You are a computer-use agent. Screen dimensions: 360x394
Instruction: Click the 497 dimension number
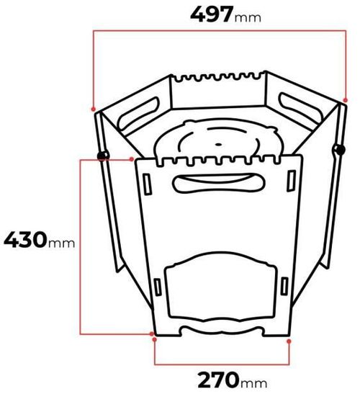pos(212,14)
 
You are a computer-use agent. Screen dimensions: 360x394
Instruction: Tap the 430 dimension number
pos(25,240)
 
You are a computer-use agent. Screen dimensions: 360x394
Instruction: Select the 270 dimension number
pos(218,380)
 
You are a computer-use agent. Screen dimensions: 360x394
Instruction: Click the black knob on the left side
pos(102,156)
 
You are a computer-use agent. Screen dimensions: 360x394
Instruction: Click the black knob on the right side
pos(341,150)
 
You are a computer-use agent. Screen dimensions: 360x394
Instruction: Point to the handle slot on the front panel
pos(219,183)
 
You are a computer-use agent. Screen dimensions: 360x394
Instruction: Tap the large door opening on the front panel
pos(220,287)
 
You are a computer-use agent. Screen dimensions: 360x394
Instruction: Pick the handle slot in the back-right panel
pos(300,108)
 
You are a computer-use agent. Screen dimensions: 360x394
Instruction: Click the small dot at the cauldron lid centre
pos(219,145)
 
